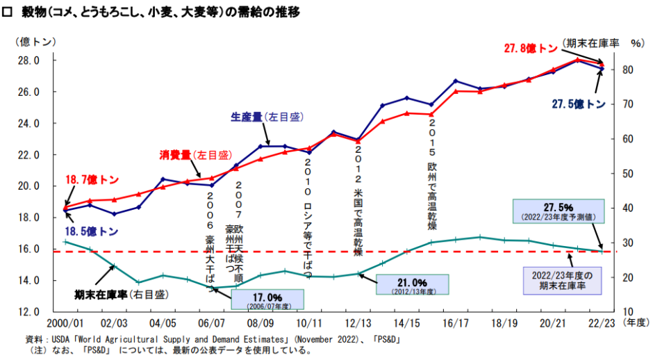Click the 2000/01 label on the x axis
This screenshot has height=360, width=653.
(x=65, y=323)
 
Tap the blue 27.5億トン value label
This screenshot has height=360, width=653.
(x=578, y=104)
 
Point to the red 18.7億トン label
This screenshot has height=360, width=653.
(x=92, y=179)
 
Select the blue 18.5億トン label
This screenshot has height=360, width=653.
(x=92, y=231)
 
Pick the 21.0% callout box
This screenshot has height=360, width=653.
(x=412, y=284)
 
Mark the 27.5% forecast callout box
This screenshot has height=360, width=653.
(x=558, y=211)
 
